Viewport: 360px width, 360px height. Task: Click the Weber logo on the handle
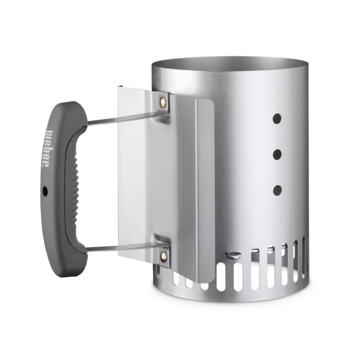(50, 148)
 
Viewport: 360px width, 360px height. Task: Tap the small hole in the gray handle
(45, 190)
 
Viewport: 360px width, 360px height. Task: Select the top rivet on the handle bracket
(162, 101)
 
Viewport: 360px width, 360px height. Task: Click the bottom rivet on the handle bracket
(163, 255)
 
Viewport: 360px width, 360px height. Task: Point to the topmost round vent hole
(277, 118)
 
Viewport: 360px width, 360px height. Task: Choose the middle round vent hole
(277, 154)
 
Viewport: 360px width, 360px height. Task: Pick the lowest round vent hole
(277, 190)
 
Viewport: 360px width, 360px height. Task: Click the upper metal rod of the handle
(126, 118)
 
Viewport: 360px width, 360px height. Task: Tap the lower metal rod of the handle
(126, 247)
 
